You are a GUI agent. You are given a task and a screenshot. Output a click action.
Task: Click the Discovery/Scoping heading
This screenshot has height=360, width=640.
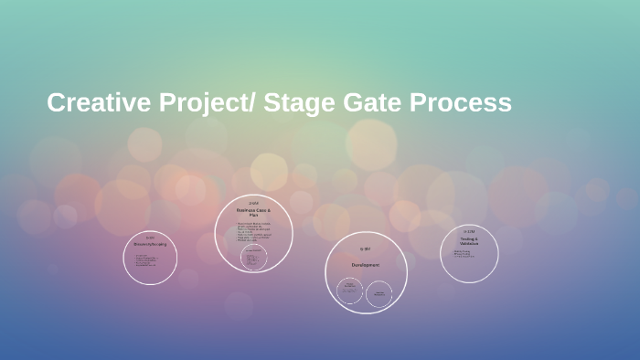(x=150, y=244)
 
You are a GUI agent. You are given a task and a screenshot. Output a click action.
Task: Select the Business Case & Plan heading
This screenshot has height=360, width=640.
(x=254, y=211)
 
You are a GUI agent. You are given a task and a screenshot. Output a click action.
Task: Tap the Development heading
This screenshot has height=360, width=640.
(x=366, y=265)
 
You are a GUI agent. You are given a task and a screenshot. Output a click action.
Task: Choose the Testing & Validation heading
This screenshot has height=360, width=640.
(x=469, y=241)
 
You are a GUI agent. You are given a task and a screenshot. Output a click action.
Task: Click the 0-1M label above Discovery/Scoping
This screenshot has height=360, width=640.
(x=150, y=238)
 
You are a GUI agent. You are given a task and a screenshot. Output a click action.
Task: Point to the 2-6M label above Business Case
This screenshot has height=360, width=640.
(x=254, y=203)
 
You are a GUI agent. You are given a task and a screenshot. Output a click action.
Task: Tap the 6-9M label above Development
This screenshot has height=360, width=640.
(x=366, y=249)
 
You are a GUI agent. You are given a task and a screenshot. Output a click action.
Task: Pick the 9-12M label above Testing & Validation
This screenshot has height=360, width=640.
(x=469, y=231)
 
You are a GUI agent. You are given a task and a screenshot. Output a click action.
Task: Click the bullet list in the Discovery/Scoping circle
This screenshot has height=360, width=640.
(x=147, y=261)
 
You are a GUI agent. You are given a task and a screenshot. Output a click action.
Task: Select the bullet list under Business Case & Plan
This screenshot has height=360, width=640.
(x=252, y=231)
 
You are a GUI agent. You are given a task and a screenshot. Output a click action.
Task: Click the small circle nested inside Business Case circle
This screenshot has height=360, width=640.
(x=254, y=259)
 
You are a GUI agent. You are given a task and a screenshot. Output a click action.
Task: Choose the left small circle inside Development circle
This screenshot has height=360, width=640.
(x=349, y=291)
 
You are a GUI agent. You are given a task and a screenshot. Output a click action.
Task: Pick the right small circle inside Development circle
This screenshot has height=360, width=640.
(x=379, y=293)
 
